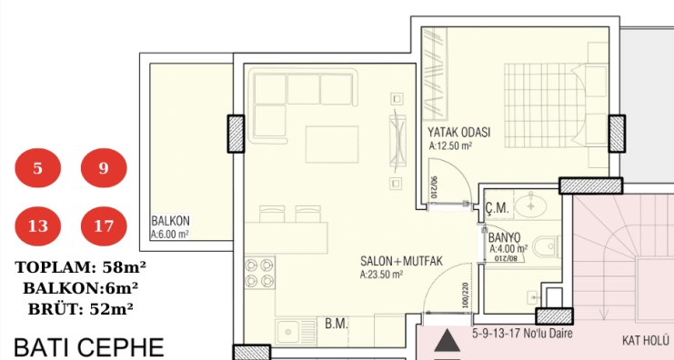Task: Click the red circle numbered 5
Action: click(38, 168)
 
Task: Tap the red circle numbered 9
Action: click(104, 168)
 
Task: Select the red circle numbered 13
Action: click(38, 226)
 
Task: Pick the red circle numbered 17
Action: click(104, 226)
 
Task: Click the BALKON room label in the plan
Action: click(170, 221)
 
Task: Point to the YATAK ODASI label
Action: click(458, 132)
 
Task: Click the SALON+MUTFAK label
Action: click(401, 261)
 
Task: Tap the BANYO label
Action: click(504, 237)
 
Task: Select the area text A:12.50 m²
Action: click(450, 146)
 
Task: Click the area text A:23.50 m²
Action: click(381, 275)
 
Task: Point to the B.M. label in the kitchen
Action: click(337, 324)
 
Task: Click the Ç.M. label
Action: click(498, 208)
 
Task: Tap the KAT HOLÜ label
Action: click(645, 341)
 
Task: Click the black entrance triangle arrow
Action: click(447, 341)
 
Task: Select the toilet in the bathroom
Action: click(547, 246)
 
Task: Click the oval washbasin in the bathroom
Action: click(531, 205)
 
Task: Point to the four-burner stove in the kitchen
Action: click(259, 273)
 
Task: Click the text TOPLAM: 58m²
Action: click(80, 267)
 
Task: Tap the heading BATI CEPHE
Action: click(89, 347)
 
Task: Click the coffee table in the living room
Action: click(332, 145)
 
